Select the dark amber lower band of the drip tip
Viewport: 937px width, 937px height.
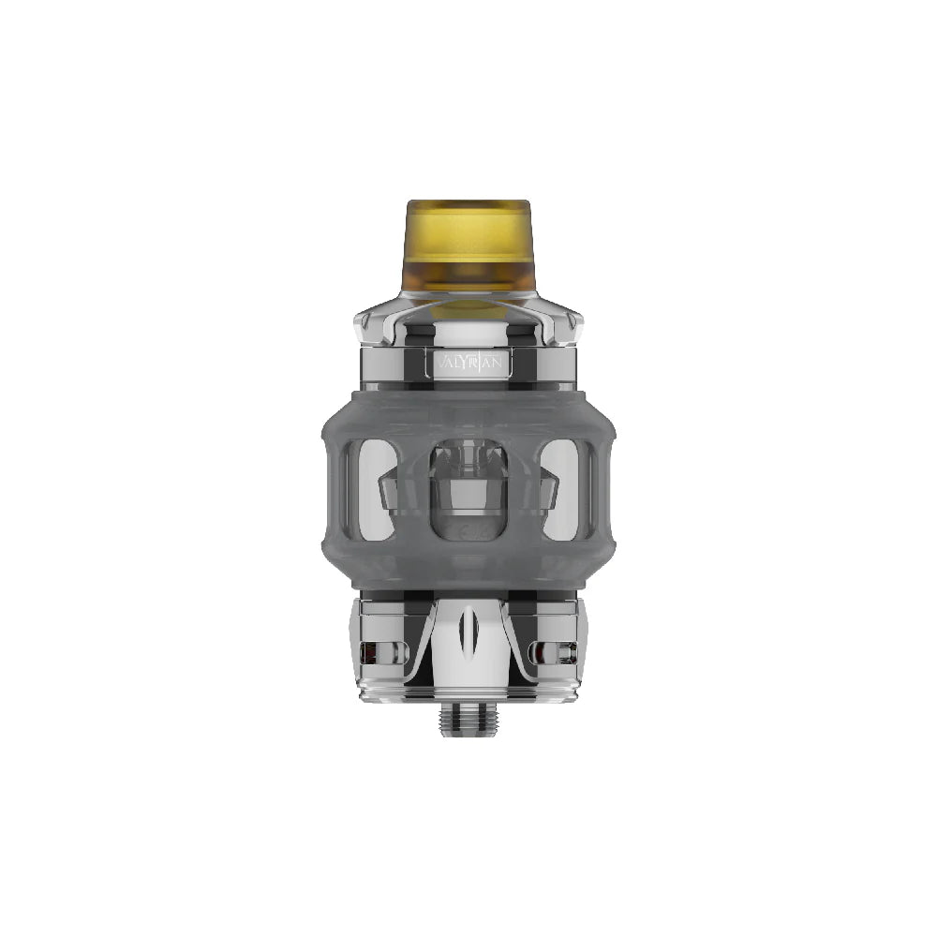[x=468, y=286]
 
